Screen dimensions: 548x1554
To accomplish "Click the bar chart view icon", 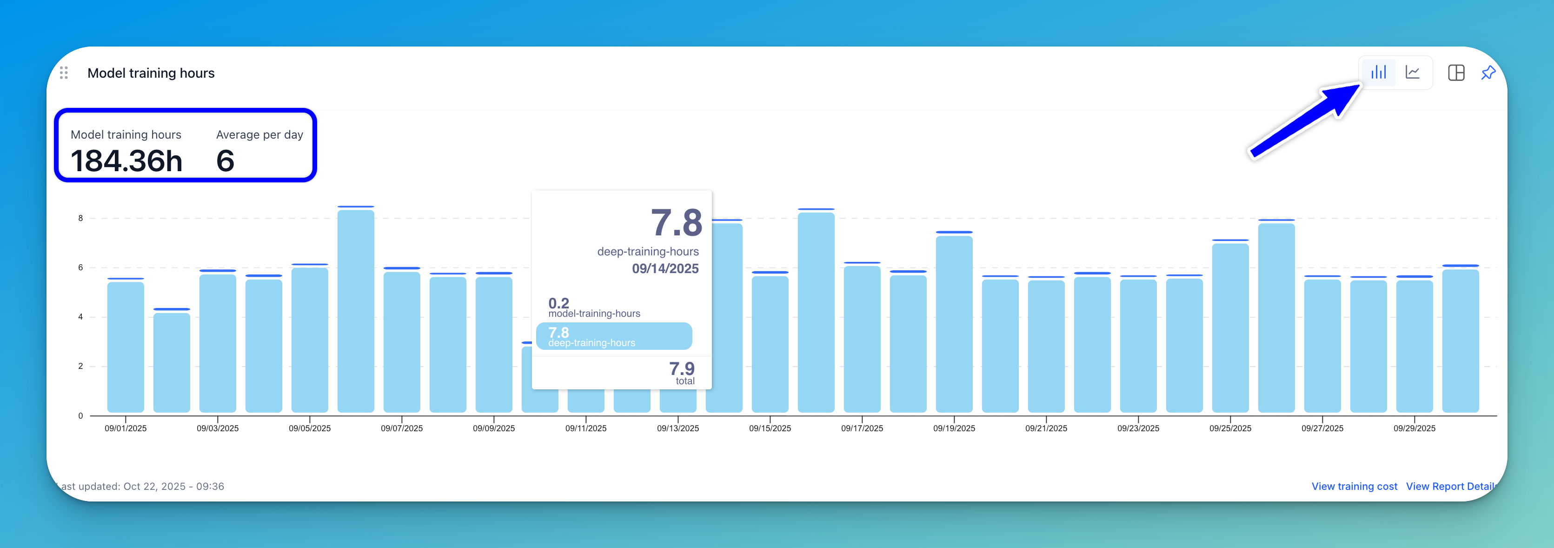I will coord(1378,73).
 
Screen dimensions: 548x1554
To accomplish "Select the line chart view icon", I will coord(1412,73).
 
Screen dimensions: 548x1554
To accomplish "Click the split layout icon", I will coord(1456,73).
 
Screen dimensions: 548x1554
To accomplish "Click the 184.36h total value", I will coord(126,161).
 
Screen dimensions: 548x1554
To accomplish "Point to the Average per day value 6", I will coord(226,161).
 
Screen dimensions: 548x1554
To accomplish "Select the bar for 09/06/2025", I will coord(356,311).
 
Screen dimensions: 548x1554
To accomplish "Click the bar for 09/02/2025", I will coord(172,362).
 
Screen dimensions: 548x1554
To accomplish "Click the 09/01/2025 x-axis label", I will coord(126,428).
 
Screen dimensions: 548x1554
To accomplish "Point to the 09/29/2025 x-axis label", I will coord(1414,428).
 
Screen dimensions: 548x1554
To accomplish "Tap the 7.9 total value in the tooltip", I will coord(682,369).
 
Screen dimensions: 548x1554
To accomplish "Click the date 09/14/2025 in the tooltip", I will coord(665,268).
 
